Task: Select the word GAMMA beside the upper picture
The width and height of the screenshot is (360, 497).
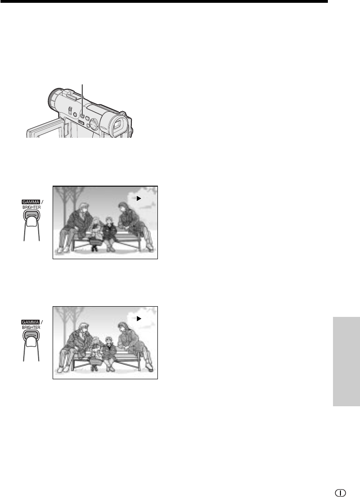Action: click(31, 202)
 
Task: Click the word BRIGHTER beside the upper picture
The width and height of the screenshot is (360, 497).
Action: click(31, 207)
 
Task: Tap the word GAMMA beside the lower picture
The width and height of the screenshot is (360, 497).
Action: click(31, 322)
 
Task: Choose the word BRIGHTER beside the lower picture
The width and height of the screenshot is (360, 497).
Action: click(31, 327)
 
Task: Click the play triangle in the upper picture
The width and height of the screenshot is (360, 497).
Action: click(138, 198)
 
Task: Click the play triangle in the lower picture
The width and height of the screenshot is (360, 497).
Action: click(138, 319)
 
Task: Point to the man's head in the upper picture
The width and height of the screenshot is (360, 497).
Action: click(84, 208)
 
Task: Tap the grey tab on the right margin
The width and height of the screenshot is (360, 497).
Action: click(346, 361)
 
